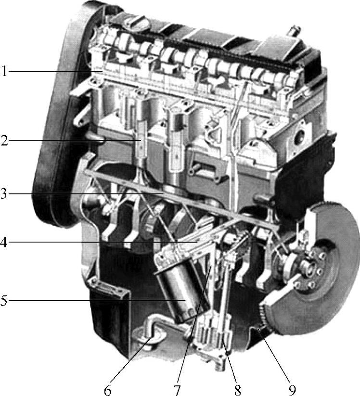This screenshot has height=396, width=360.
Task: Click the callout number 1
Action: coord(4,71)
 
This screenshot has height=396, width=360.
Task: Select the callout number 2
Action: coord(4,141)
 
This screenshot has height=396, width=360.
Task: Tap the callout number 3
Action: coord(3,194)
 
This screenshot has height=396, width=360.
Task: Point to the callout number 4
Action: coord(3,243)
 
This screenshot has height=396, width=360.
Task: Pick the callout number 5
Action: coord(3,301)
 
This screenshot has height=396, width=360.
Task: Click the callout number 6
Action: coord(108,390)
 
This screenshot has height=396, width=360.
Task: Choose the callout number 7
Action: coord(178,390)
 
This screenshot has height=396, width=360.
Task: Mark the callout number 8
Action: coord(237,390)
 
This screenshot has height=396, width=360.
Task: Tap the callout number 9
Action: coord(292,390)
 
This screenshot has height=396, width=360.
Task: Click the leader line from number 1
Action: coord(55,72)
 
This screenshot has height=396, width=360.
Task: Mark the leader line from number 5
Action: coord(96,300)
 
